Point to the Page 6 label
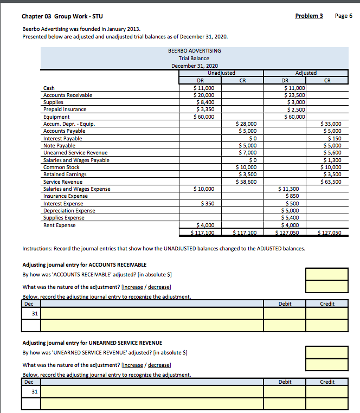(344, 16)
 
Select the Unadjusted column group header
(221, 73)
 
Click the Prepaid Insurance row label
(65, 109)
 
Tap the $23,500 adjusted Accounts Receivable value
(295, 95)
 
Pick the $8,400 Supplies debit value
(204, 102)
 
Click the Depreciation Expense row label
(69, 211)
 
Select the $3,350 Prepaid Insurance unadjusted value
(204, 109)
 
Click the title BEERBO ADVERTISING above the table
(195, 51)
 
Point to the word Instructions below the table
(39, 249)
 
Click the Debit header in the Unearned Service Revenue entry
(285, 382)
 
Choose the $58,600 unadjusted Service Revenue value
(247, 182)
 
